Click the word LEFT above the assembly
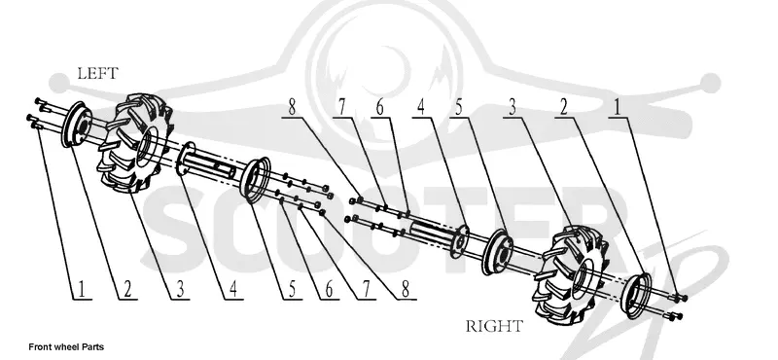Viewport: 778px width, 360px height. pos(98,74)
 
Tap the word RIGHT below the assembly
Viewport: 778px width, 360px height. pos(494,326)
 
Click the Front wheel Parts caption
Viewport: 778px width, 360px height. pos(66,346)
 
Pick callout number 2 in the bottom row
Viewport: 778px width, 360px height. pos(127,289)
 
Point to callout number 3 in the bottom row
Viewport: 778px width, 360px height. pos(181,289)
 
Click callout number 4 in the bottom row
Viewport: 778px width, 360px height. pos(233,289)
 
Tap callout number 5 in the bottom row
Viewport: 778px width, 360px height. pos(293,289)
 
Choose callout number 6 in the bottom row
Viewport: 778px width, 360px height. pos(330,289)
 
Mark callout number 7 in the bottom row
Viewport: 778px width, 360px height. pos(367,289)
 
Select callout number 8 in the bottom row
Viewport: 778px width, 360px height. pos(406,289)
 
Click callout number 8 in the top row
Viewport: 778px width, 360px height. pos(292,107)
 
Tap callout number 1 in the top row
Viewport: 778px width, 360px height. pos(617,107)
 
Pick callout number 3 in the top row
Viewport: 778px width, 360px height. pos(513,107)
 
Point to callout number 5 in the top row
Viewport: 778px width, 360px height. pos(459,107)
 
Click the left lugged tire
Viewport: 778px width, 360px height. pos(135,143)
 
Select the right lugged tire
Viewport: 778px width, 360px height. pos(570,272)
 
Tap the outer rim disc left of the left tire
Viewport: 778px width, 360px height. pos(76,125)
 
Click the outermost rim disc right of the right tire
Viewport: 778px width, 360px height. pos(636,295)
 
